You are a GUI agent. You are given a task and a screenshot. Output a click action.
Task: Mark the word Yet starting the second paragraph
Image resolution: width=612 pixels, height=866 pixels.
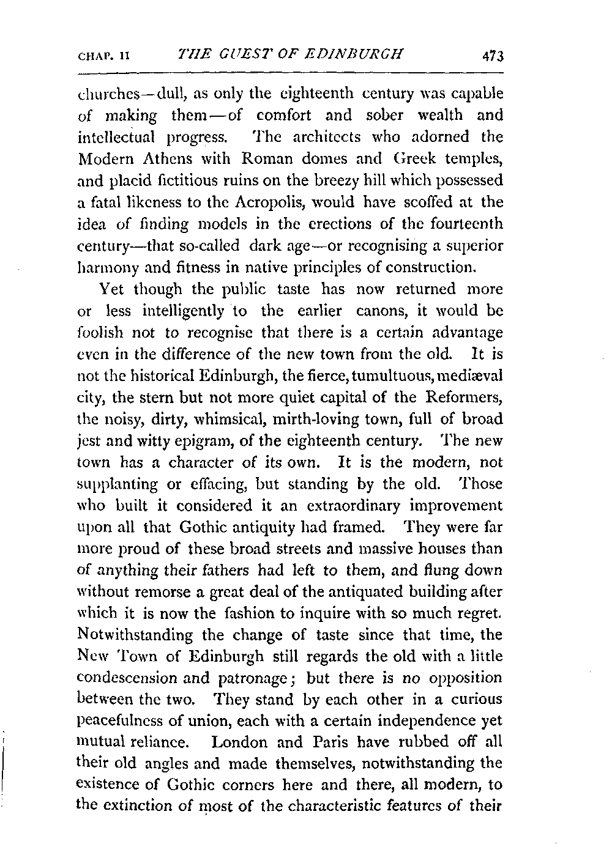click(x=113, y=289)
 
